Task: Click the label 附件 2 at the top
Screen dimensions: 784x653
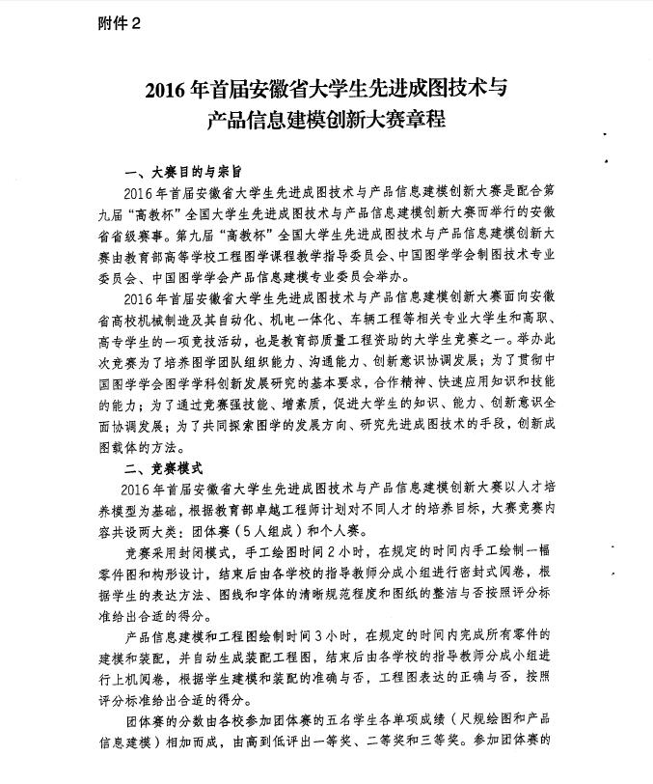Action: pos(119,24)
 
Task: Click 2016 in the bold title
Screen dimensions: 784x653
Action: pos(165,93)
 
